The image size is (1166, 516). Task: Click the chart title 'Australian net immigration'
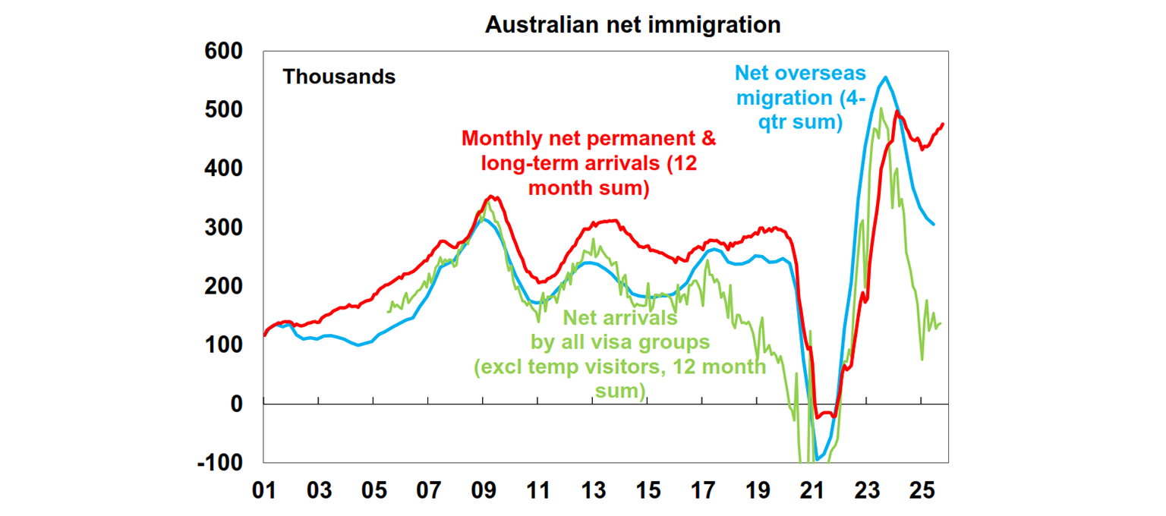tap(632, 24)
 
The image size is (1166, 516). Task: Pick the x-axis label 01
tap(264, 490)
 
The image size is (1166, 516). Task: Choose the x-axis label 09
tap(484, 490)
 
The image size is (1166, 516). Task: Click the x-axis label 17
tap(702, 490)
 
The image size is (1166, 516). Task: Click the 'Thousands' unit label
tap(339, 77)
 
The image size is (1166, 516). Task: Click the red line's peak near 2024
tap(897, 112)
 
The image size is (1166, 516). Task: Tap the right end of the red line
tap(944, 124)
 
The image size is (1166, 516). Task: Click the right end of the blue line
tap(934, 224)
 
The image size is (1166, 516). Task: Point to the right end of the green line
tap(941, 324)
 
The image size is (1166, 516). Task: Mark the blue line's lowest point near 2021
tap(817, 459)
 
